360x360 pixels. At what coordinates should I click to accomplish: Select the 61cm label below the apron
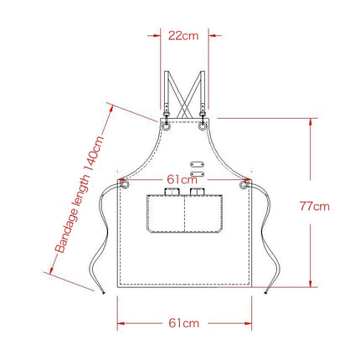pos(183,321)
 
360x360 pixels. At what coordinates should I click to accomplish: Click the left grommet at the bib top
pos(167,128)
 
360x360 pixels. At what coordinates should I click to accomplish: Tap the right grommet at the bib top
pos(202,128)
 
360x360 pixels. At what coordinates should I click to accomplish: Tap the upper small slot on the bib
pos(198,163)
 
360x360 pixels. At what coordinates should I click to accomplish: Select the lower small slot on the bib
pos(198,173)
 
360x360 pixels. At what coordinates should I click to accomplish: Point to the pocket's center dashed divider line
pos(183,218)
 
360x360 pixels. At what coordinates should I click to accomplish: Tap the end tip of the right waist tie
pos(266,292)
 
